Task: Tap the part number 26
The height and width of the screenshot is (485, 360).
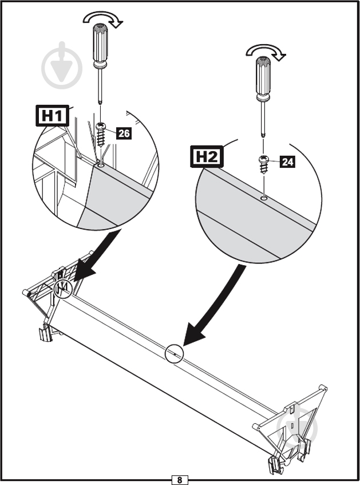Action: click(124, 134)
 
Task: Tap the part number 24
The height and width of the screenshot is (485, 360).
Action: click(287, 162)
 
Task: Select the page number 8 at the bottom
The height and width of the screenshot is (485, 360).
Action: click(180, 480)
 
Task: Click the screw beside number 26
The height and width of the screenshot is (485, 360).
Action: click(102, 136)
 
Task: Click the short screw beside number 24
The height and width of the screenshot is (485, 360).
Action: click(264, 163)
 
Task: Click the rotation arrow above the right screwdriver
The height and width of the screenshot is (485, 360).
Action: click(266, 53)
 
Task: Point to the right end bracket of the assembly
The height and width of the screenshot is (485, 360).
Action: click(295, 424)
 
